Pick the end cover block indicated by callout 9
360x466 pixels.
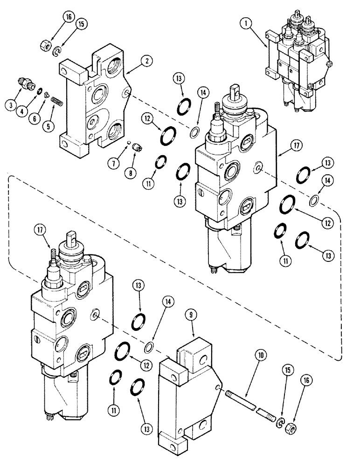coord(187,391)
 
